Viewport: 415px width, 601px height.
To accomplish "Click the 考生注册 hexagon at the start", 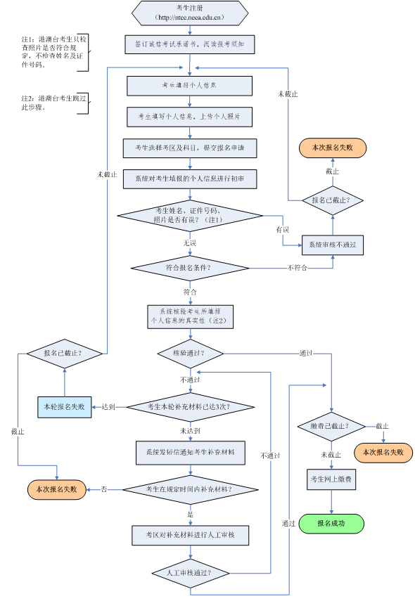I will [190, 13].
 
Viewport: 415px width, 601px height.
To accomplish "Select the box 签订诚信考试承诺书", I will [190, 44].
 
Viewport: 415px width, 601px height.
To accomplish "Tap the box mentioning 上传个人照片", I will [190, 117].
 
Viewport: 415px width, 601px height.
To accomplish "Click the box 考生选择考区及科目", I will [190, 148].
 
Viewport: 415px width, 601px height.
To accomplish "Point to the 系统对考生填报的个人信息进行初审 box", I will [190, 179].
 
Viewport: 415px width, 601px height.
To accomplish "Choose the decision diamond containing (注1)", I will [190, 215].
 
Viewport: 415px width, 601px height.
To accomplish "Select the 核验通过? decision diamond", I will [190, 353].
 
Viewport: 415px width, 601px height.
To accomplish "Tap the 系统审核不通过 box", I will [333, 245].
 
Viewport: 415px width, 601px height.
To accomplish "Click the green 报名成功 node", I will [331, 524].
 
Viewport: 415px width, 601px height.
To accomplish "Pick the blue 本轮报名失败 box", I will [64, 406].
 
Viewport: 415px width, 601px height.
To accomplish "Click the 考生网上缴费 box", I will [331, 479].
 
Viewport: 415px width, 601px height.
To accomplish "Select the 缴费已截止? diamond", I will [331, 427].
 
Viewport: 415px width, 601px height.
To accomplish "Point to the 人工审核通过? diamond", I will [190, 573].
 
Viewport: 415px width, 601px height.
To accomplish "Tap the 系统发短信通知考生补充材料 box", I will [190, 453].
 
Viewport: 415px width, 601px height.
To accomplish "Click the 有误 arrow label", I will [282, 230].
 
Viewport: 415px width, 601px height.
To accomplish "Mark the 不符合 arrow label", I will [297, 268].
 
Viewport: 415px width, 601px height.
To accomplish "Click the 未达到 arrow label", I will [190, 431].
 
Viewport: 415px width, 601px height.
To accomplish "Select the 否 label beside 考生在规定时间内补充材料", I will [104, 489].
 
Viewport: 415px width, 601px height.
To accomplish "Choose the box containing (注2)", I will [190, 316].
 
